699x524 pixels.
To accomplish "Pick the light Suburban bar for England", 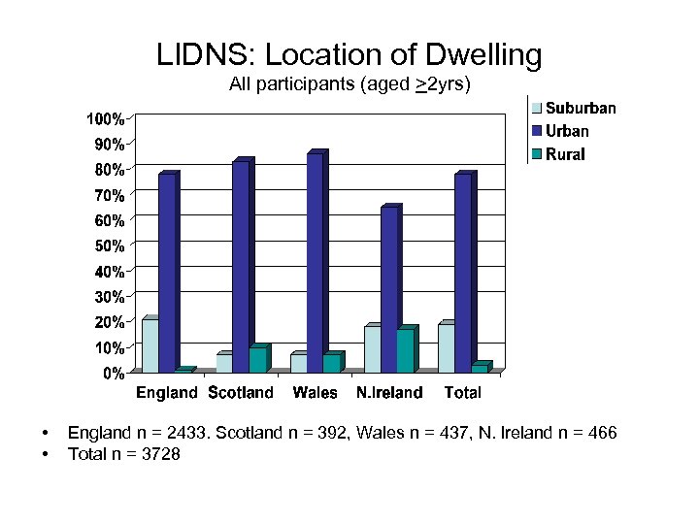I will point(150,345).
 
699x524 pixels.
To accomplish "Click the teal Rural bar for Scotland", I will point(257,360).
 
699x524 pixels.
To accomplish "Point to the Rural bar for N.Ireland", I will point(405,350).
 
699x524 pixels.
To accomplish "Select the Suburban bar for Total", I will point(446,347).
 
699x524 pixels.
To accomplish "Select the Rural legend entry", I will point(564,153).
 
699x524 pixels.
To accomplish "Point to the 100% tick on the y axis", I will point(105,119).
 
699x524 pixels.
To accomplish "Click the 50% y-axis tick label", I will point(109,246).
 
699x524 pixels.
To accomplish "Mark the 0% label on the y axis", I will point(114,373).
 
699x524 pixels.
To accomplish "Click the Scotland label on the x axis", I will point(241,393).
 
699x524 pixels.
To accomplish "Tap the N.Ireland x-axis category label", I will point(389,393).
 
